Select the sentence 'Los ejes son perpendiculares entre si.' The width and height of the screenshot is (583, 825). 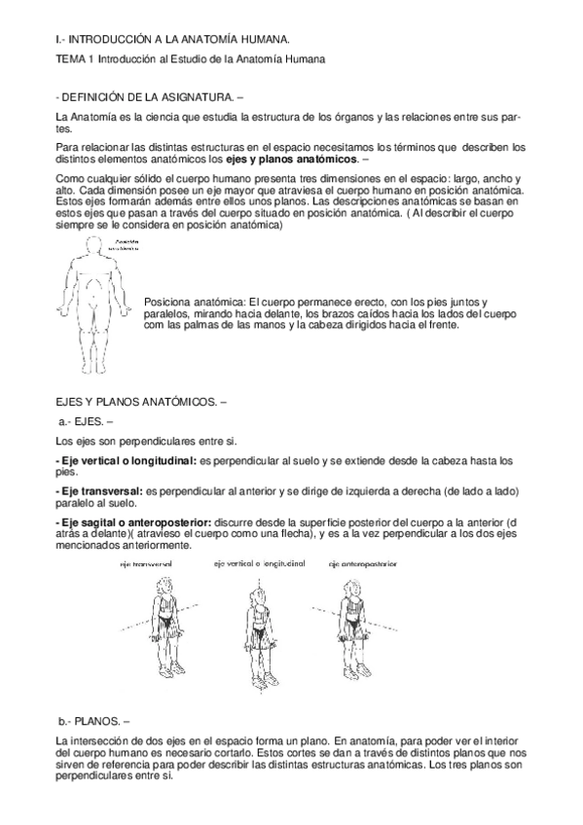[141, 440]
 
